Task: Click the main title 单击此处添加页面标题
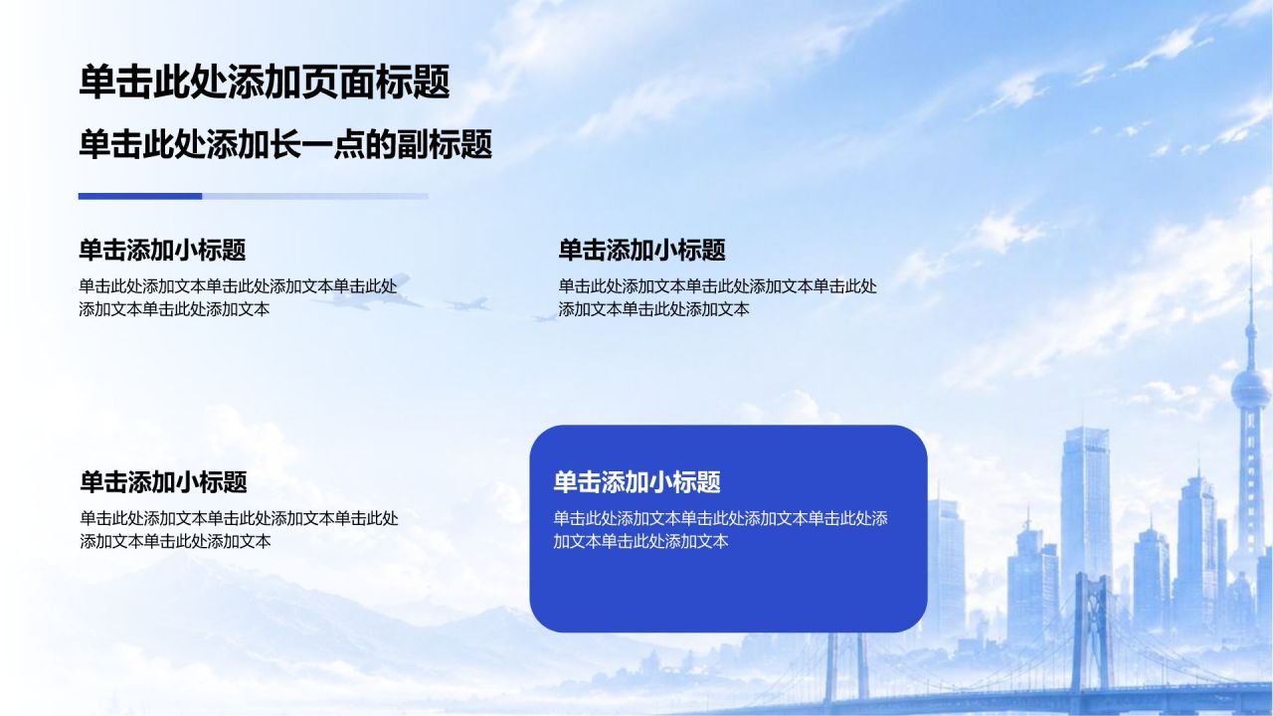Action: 265,82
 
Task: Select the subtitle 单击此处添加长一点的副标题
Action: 285,144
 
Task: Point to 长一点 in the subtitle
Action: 317,144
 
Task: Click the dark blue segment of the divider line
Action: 140,196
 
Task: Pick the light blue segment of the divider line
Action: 315,196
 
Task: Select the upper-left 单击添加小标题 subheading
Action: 162,250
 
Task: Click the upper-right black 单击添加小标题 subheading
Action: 641,250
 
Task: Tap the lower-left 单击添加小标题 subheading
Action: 163,482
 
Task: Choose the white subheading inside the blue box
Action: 637,482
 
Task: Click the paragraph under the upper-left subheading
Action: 238,297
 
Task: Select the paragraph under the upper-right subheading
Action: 717,297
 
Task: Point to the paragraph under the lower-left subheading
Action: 239,529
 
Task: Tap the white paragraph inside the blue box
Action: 721,529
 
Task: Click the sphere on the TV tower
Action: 1250,389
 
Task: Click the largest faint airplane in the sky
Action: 369,292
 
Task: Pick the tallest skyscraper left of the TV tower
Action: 1085,511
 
